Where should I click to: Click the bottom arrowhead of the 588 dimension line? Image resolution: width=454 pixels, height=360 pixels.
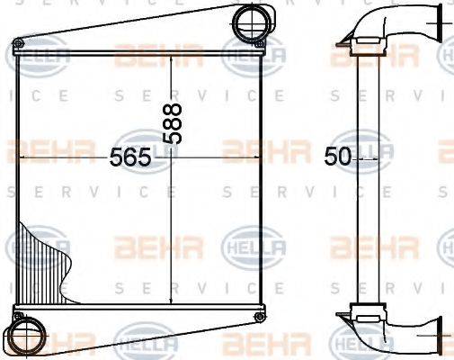pyautogui.click(x=172, y=303)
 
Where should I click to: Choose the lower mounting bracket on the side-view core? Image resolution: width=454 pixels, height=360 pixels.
pyautogui.click(x=366, y=312)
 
